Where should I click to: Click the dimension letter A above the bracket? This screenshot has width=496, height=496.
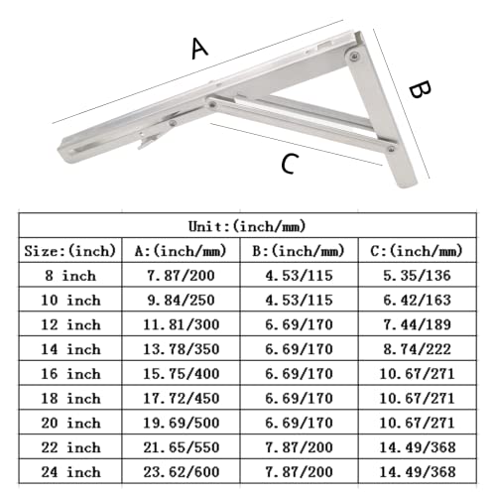[x=199, y=48]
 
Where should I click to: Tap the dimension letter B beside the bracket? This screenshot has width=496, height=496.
[x=421, y=91]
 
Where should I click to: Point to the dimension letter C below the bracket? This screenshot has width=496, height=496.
[x=288, y=165]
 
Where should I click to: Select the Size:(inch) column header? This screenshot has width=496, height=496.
[x=69, y=251]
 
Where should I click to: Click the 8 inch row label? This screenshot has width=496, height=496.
[x=69, y=276]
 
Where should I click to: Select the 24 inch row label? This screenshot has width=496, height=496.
[x=69, y=472]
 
